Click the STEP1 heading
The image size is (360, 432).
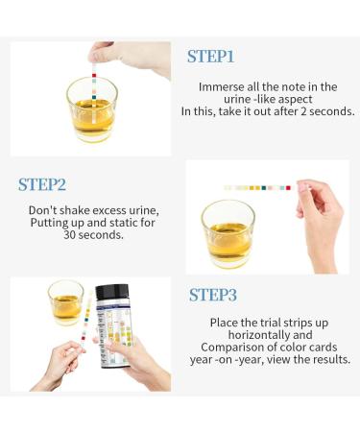coord(210,57)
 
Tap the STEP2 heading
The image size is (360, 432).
coord(42,184)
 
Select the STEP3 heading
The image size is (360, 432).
coord(213,295)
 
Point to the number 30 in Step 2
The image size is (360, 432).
coord(69,234)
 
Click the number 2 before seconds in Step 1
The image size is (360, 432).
coord(303,111)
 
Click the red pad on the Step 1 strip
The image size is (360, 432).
coord(94,76)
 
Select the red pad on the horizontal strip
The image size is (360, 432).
coord(288,188)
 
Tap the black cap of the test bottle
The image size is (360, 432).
coord(112,294)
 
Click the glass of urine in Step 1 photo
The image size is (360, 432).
coord(92,109)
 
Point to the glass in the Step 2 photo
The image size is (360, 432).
coord(228,233)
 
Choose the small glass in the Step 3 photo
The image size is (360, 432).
coord(65,302)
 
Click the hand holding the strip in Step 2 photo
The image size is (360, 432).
coord(319,224)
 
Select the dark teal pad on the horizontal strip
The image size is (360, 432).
coord(264,188)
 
